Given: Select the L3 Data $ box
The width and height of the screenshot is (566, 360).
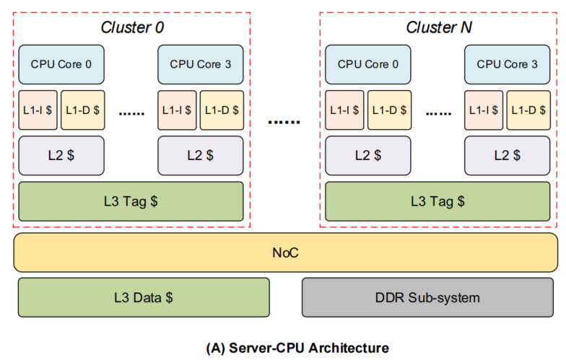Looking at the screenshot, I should (143, 297).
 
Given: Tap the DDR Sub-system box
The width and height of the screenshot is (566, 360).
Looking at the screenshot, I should (427, 297).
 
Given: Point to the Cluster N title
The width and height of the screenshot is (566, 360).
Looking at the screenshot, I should (439, 28).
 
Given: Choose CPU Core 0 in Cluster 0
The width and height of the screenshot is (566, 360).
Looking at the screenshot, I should (61, 64).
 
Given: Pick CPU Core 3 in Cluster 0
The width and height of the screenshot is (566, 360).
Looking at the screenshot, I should (201, 64).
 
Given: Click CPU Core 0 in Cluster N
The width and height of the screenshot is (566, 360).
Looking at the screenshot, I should (368, 64).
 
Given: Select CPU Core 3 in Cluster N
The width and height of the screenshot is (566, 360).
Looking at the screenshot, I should (508, 64).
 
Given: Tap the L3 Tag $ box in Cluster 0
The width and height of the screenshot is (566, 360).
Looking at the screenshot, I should (131, 201).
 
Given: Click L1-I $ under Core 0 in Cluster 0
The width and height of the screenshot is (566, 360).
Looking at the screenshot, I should (38, 110).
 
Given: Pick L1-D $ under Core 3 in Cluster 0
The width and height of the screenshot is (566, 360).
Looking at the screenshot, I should (222, 110).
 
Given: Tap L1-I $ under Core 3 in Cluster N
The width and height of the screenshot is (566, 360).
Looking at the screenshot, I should (484, 110).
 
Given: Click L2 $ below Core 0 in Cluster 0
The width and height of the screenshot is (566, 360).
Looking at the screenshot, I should (61, 155).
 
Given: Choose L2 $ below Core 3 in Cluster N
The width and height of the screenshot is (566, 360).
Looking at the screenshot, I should (508, 155).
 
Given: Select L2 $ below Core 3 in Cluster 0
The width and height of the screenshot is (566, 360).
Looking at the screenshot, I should (201, 155).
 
